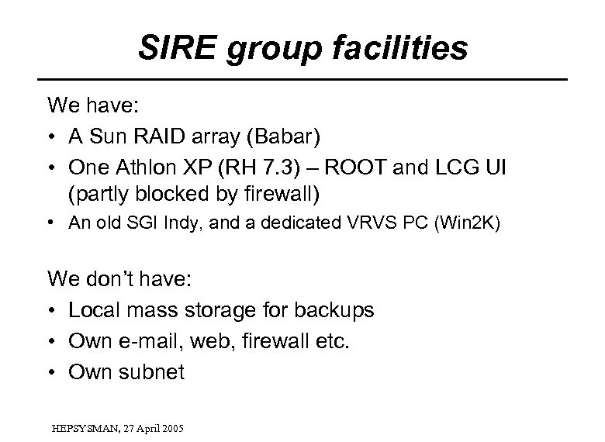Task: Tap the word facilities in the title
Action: point(404,48)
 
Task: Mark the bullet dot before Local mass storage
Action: point(54,310)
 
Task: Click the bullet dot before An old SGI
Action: point(54,224)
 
